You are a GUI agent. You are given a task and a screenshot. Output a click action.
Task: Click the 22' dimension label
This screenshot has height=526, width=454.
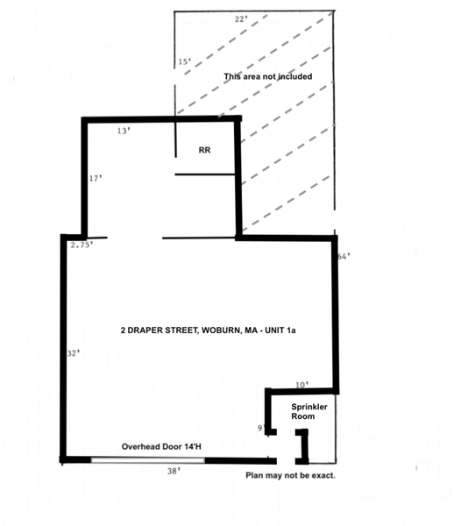(240, 18)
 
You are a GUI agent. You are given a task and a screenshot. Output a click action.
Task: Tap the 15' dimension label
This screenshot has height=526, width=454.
(184, 62)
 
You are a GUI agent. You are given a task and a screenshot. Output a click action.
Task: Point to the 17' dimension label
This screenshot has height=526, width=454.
(96, 178)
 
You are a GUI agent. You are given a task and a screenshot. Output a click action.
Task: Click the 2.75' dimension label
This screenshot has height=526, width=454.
(82, 245)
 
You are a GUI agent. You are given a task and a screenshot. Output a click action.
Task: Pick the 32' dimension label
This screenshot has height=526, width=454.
(74, 353)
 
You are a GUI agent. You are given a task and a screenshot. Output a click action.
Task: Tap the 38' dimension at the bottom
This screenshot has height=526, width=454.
(174, 472)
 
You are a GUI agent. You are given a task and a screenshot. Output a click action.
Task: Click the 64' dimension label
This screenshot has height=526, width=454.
(343, 257)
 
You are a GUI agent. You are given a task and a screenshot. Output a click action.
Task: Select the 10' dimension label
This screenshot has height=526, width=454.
(302, 385)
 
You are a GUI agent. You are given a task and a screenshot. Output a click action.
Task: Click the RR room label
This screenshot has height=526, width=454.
(205, 151)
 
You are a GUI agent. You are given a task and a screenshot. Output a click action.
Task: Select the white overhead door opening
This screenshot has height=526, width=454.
(149, 459)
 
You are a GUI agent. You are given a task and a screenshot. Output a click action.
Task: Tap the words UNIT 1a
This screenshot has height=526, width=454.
(291, 331)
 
